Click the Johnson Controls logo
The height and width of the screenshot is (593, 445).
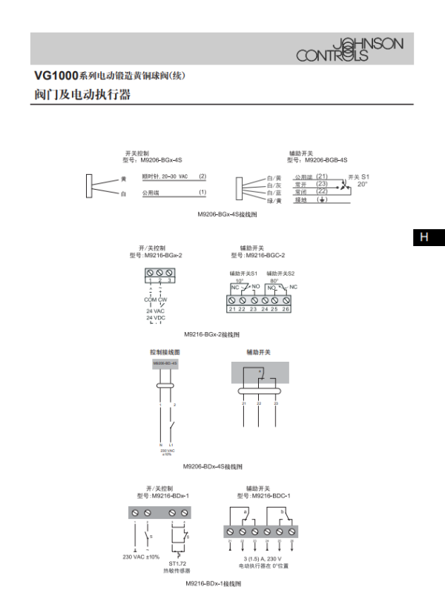pos(350,50)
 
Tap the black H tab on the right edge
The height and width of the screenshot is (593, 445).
pos(424,237)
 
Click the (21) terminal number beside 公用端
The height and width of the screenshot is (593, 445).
pos(322,176)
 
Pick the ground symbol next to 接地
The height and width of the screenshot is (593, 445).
pos(321,200)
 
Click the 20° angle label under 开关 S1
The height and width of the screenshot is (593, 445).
pos(362,184)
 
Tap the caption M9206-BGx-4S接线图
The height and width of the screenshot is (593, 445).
pos(227,214)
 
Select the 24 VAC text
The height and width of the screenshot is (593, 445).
pos(156,311)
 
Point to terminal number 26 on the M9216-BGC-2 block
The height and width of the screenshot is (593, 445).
pos(286,308)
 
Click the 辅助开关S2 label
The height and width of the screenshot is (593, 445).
pos(280,274)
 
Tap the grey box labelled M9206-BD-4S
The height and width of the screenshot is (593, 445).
pos(165,364)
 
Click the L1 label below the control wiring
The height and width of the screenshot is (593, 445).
pos(171,444)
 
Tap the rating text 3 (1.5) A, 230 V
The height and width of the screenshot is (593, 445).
pos(263,558)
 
